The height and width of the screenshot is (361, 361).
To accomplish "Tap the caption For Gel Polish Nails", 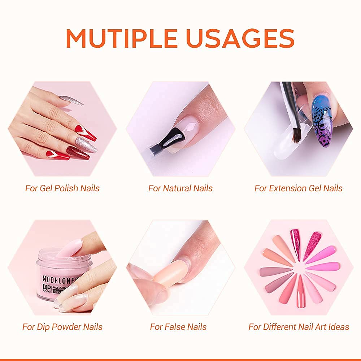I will pos(62,188).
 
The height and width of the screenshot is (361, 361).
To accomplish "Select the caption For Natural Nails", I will pos(180,188).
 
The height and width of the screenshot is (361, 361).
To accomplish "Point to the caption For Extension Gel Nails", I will pos(298,188).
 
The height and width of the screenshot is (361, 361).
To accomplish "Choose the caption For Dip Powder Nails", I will pos(62,327).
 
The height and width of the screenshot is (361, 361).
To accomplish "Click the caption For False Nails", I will pos(178,327).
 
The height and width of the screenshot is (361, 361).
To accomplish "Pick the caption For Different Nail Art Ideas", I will pos(299,327).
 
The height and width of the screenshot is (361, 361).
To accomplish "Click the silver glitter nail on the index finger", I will pos(71,100).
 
